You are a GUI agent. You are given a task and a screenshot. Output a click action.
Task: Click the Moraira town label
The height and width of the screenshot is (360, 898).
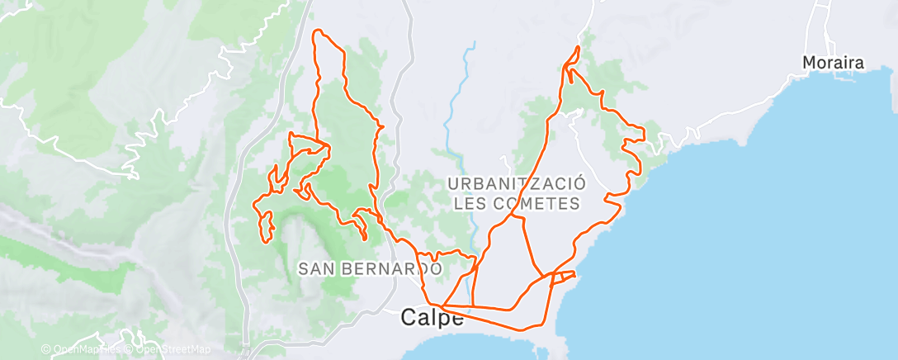tap(835, 63)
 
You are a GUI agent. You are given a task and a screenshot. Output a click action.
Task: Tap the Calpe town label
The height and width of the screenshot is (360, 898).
tap(432, 318)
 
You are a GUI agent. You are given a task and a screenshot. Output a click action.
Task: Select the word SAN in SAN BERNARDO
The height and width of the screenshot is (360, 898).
tap(316, 268)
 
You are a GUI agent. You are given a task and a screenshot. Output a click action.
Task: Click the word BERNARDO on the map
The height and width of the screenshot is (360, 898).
tap(391, 268)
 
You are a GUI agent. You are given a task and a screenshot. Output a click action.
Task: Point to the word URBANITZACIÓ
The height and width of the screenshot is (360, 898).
tap(518, 182)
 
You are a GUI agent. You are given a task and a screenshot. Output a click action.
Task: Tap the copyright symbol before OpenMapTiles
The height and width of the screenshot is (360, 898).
tap(46, 349)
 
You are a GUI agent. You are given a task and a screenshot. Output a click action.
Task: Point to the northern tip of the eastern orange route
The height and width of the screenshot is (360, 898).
tap(579, 48)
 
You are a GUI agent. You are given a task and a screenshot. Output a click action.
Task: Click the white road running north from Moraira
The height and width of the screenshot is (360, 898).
tap(822, 25)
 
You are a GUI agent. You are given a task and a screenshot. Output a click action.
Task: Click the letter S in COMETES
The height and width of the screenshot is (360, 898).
tap(574, 202)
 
